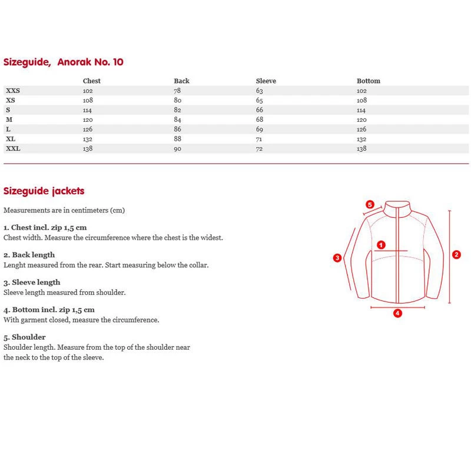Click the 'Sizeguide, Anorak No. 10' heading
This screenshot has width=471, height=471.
tap(64, 62)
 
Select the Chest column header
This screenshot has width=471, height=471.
tap(92, 81)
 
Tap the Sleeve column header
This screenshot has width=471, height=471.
tap(266, 81)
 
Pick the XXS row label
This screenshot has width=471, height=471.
tap(13, 91)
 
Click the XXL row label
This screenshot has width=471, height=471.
tap(13, 149)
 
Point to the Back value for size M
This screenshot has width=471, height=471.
tap(177, 120)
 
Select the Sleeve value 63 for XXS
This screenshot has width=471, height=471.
tap(259, 91)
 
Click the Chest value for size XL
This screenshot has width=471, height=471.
tap(88, 139)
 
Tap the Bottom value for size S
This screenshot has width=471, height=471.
tap(361, 110)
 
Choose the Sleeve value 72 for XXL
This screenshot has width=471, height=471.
tap(259, 149)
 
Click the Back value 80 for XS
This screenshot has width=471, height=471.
tap(177, 100)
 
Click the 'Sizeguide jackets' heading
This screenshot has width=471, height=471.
tap(44, 191)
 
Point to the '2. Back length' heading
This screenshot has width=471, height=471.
tap(29, 255)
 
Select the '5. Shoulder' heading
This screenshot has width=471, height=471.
tap(25, 337)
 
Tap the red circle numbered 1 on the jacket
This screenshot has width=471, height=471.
tap(381, 244)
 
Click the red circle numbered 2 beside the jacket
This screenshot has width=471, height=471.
tap(456, 255)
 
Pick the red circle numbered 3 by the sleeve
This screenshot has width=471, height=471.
tap(337, 257)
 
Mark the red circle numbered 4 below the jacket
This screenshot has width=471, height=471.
tap(397, 313)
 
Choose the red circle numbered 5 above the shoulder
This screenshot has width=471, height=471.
tap(370, 204)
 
